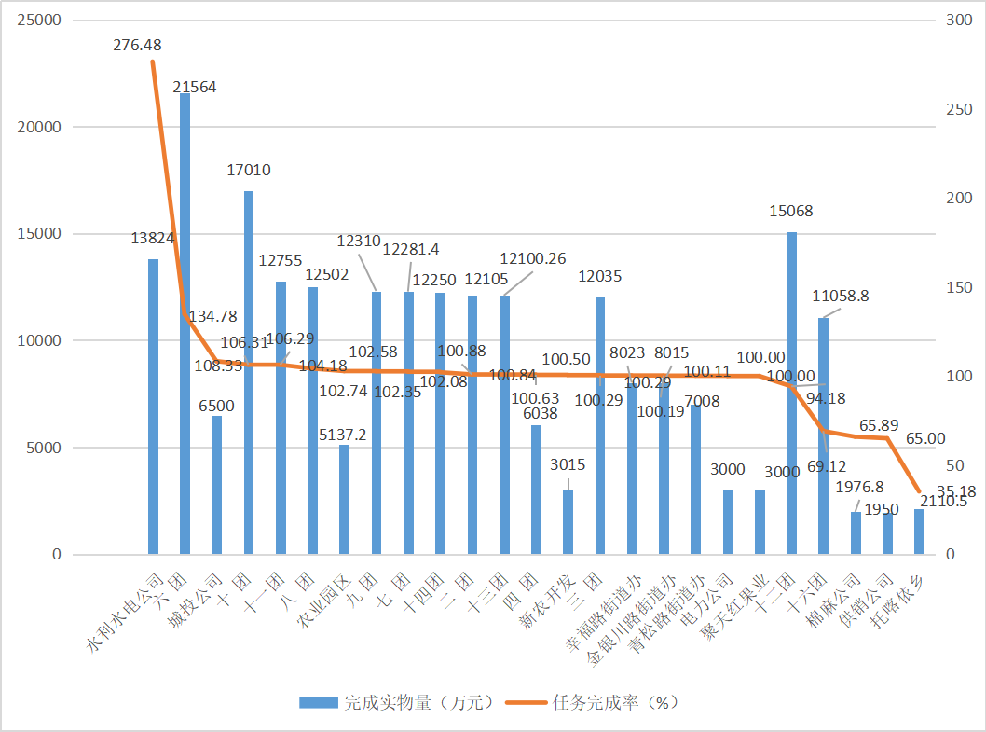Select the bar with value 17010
[249, 373]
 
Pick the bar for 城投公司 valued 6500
[217, 485]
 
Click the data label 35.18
[957, 491]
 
